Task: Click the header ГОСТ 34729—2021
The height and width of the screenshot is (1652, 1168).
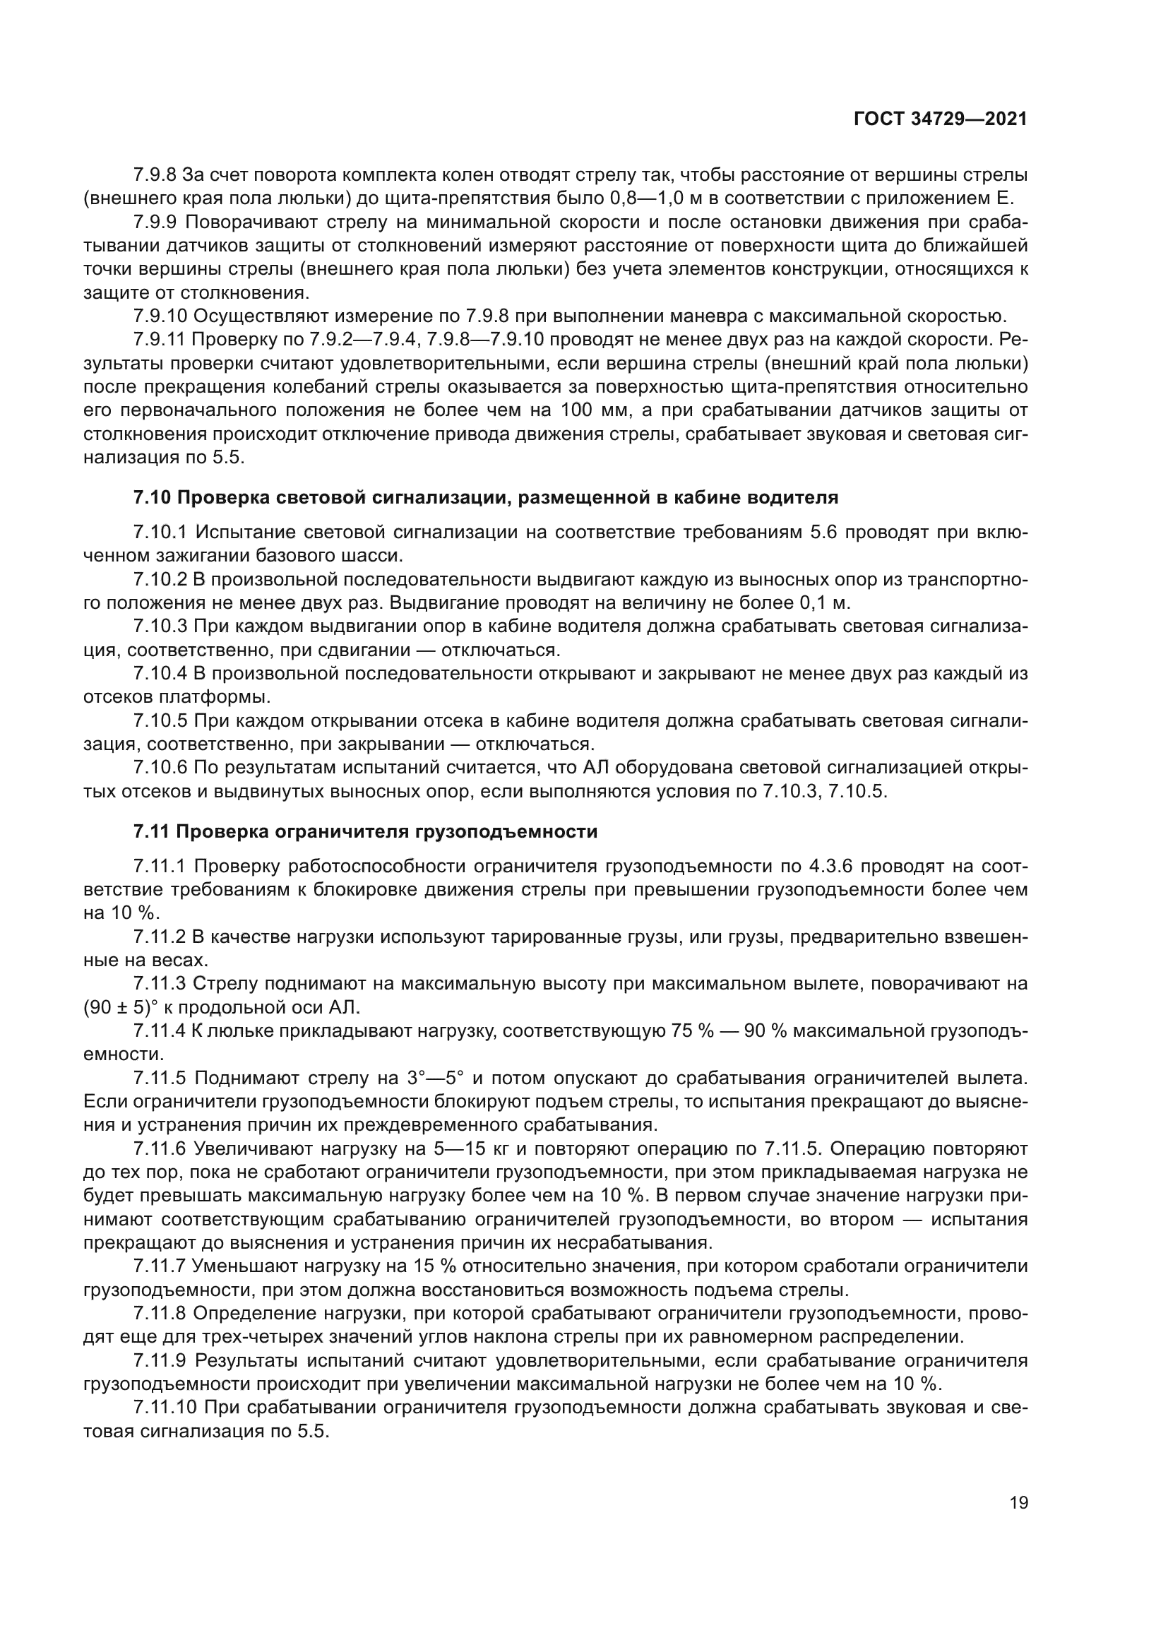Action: pyautogui.click(x=940, y=119)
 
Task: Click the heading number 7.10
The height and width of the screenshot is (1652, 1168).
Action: pyautogui.click(x=152, y=497)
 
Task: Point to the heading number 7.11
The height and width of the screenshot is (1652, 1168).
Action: pyautogui.click(x=151, y=833)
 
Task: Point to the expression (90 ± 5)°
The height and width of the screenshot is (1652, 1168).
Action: pyautogui.click(x=119, y=1006)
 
